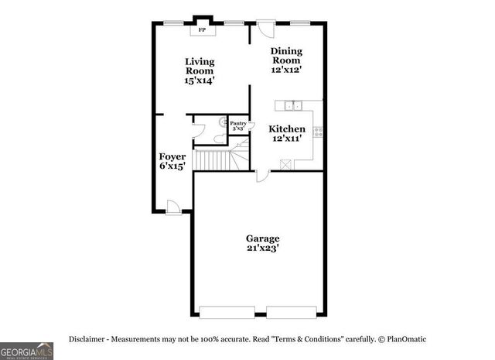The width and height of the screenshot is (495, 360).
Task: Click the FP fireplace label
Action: point(203,31)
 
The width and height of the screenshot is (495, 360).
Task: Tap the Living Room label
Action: point(200,70)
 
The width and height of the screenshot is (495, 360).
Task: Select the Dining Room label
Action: point(285,60)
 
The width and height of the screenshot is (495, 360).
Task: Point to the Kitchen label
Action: point(286,134)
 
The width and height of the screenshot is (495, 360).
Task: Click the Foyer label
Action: point(172,160)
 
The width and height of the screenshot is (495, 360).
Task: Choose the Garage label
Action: point(262,243)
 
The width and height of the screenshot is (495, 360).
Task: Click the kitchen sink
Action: point(292,105)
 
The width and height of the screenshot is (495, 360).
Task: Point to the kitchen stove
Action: point(318,132)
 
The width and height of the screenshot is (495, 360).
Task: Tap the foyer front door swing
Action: point(174,206)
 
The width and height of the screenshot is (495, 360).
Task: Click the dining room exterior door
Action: point(265,28)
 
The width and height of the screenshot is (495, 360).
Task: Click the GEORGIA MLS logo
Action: point(26,351)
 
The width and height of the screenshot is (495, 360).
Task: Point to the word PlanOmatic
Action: point(405,340)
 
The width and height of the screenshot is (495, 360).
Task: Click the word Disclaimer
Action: point(90,340)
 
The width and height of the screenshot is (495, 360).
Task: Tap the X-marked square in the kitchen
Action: point(286,163)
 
